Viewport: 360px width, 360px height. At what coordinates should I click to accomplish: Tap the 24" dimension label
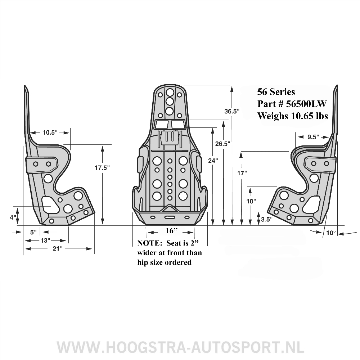(213, 161)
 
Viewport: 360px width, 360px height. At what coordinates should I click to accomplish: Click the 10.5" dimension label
(50, 132)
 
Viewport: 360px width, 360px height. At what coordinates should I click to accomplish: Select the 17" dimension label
(243, 173)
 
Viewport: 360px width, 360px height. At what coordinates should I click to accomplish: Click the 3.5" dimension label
(266, 219)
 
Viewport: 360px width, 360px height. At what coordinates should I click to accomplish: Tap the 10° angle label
(330, 233)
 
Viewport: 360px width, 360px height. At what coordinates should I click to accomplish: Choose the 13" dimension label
(45, 240)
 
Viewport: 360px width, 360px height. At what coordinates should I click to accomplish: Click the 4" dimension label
(13, 217)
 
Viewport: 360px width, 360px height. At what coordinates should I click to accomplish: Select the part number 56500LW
(306, 104)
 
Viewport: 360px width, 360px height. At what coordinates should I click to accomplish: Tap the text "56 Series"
(276, 92)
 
